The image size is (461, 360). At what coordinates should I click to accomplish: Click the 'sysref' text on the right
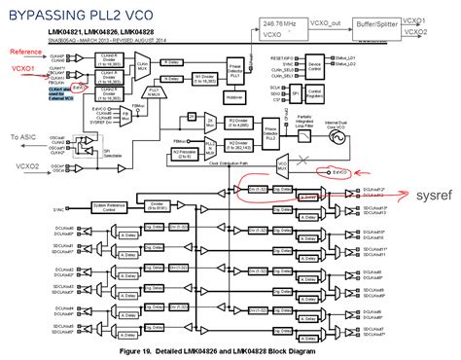(435, 194)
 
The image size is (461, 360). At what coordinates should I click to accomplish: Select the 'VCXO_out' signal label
(325, 20)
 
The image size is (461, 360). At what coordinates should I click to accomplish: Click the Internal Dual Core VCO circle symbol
(343, 139)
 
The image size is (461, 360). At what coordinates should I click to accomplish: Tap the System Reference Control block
(113, 206)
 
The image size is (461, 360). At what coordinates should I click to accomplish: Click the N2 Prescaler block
(182, 154)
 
